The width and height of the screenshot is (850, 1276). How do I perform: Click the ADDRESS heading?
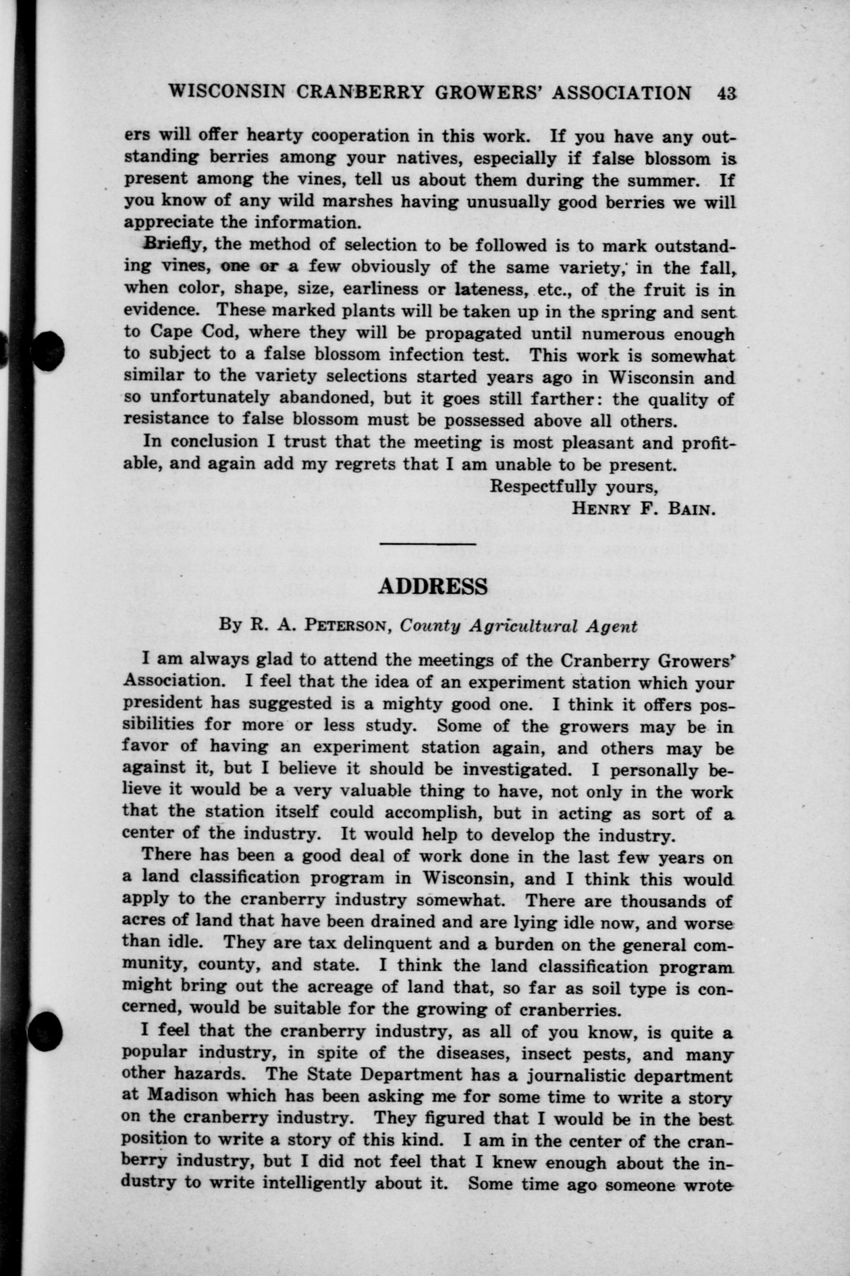[x=433, y=586]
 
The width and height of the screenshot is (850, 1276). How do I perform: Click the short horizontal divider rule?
[x=427, y=543]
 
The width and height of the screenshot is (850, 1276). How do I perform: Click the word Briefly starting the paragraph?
[x=172, y=245]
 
